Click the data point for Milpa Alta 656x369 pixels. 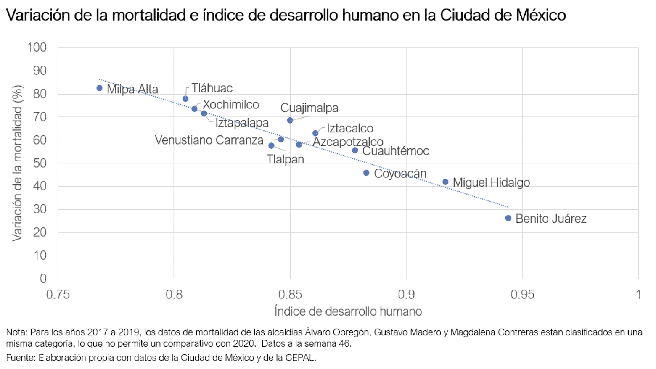tap(99, 88)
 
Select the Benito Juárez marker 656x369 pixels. tap(508, 218)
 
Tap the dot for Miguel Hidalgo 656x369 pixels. tap(445, 182)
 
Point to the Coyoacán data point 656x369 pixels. tap(366, 173)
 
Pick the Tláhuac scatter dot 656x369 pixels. tap(185, 99)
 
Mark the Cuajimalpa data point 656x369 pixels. tap(290, 120)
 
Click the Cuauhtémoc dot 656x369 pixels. tap(355, 150)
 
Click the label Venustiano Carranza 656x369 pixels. tap(209, 140)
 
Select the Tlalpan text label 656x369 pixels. tap(285, 160)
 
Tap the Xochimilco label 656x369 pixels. tap(231, 105)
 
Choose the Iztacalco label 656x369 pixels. tap(350, 128)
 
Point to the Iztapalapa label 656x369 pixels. tap(242, 123)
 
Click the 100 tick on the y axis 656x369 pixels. tap(37, 47)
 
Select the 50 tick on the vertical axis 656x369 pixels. tap(40, 163)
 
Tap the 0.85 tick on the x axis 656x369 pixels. tap(290, 294)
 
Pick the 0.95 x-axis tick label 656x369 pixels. tap(522, 294)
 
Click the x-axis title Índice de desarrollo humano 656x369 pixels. tap(348, 311)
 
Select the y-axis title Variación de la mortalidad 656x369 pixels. tap(17, 163)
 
